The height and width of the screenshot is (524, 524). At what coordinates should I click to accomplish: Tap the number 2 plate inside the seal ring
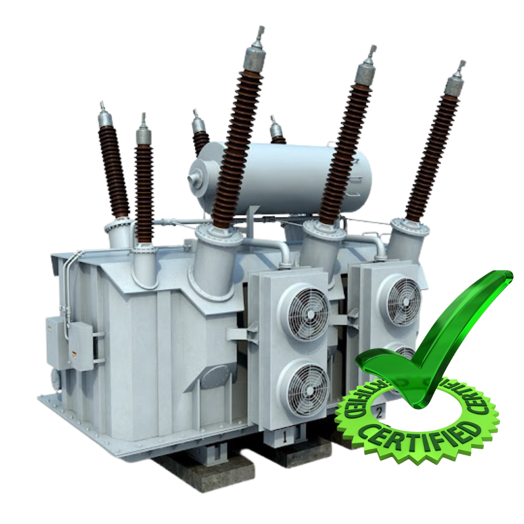point(379,413)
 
